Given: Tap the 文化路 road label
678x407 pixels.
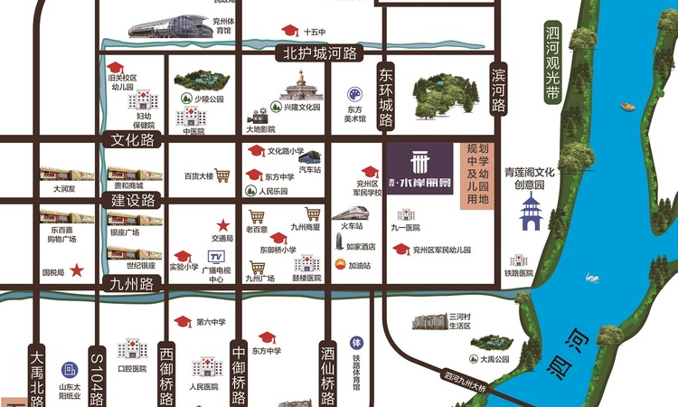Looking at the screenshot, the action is pos(134,140).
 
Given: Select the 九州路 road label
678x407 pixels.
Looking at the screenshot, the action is pos(133,283).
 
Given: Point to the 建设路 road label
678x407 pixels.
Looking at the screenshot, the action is pos(133,200).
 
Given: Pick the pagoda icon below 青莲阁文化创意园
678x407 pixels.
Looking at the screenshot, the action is pos(530,213).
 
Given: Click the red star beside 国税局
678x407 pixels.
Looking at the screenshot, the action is pos(78,270).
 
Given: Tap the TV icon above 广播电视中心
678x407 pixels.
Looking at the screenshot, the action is pos(216,259).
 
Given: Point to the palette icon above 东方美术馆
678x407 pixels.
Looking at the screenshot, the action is pos(354,93).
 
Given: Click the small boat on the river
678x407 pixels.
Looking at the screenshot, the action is pos(627,106).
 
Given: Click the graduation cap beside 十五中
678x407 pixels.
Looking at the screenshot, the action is pos(288,30).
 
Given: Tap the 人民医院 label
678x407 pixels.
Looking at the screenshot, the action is pos(204,386).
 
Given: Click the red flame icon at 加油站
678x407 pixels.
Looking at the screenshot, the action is pos(329,266).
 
